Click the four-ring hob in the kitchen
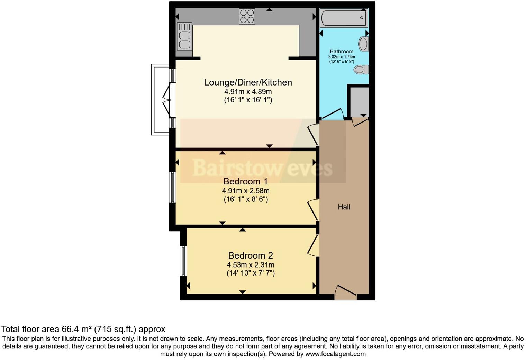[247, 16]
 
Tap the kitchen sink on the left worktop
[184, 36]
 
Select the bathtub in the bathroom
[344, 18]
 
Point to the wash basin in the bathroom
[363, 44]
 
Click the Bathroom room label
[342, 51]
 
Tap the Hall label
[344, 207]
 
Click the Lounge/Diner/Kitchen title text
[248, 82]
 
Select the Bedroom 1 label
[246, 181]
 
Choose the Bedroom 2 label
[251, 255]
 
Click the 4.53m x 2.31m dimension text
[251, 265]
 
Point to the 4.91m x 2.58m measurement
[246, 191]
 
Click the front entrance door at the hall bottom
[345, 293]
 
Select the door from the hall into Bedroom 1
[314, 210]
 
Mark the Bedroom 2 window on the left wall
[183, 261]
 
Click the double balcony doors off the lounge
[167, 100]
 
